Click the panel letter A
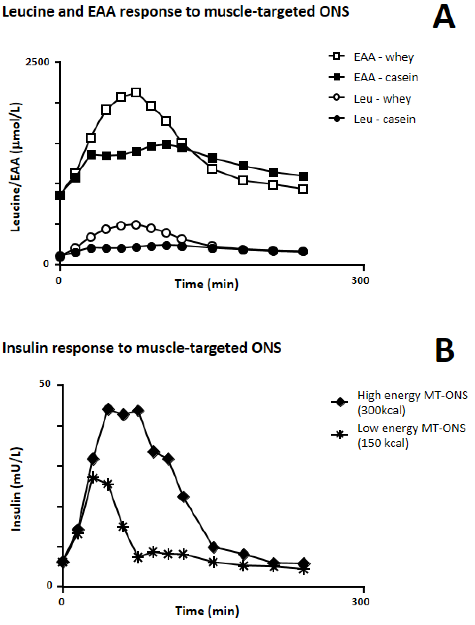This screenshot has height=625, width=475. (x=444, y=17)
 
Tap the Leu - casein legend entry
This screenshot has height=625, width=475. (x=384, y=119)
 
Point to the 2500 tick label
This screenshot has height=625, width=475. (x=37, y=62)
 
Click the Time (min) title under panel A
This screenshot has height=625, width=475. (x=206, y=284)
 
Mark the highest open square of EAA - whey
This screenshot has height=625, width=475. (x=136, y=93)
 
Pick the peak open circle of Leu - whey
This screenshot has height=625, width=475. (x=136, y=225)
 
